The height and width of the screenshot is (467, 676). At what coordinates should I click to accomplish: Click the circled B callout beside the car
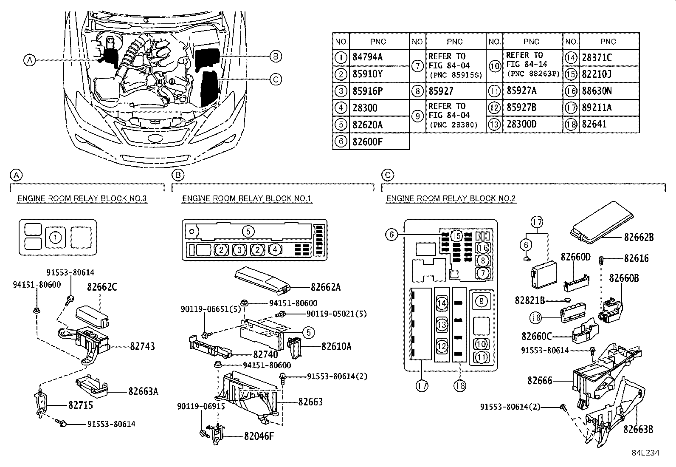276,56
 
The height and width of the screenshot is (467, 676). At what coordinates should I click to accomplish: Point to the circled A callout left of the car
29,60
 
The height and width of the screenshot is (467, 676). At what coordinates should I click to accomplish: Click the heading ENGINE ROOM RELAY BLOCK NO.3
82,198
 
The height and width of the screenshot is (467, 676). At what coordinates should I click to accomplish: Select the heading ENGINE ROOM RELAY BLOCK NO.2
451,198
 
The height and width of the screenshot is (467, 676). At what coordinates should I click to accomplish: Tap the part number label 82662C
102,287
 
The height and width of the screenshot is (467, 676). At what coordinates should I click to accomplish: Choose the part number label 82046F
259,436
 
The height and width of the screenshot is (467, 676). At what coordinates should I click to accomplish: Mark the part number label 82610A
336,346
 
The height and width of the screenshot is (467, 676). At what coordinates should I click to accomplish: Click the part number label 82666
540,381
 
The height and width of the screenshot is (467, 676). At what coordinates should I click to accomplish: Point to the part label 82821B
530,300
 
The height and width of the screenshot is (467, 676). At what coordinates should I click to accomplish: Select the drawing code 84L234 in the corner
645,453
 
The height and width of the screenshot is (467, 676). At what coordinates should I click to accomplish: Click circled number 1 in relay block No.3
56,237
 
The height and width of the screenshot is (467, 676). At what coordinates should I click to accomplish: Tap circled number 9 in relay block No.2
481,302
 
